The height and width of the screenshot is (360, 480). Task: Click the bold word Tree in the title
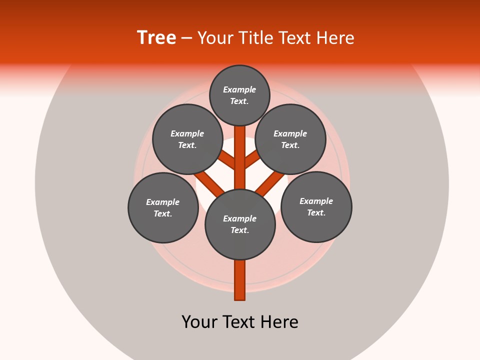(x=156, y=38)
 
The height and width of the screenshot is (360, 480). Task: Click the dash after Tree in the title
(x=187, y=38)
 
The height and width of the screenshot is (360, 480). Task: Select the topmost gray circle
(x=239, y=95)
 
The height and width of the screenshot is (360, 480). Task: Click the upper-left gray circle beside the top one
(x=187, y=139)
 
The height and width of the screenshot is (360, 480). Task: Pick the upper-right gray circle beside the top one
(x=290, y=139)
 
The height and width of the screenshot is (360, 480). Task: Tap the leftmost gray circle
(x=163, y=207)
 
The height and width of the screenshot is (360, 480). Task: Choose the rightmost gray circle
(x=316, y=206)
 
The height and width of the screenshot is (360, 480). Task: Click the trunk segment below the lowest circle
(x=240, y=280)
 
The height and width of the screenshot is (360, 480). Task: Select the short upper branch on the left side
(x=228, y=160)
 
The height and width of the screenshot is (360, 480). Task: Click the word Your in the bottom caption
(x=200, y=322)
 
